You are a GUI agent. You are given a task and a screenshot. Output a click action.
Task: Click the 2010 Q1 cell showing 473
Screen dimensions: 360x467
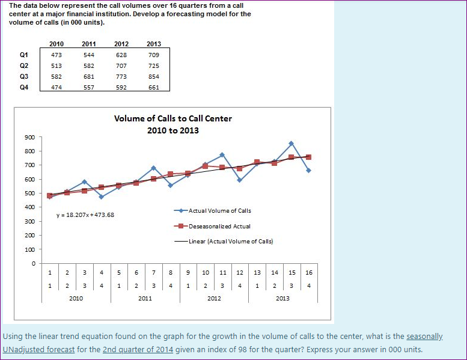(56, 55)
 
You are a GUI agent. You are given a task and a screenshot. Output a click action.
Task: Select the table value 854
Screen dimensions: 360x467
(153, 76)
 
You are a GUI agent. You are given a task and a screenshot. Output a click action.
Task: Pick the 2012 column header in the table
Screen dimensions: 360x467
(121, 44)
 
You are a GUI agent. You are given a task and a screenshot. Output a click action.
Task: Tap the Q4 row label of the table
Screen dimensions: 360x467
(24, 87)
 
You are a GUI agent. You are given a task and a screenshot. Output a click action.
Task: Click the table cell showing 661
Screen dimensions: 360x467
(153, 87)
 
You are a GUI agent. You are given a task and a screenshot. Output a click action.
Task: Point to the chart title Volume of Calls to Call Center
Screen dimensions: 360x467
(173, 118)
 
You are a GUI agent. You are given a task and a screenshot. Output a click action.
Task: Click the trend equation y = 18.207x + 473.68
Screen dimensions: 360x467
(85, 215)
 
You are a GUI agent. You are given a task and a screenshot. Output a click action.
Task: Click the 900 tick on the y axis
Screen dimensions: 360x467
(29, 137)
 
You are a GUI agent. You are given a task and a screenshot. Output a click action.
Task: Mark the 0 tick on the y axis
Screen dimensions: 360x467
(33, 263)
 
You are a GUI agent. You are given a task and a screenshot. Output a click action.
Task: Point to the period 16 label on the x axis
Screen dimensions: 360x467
(309, 272)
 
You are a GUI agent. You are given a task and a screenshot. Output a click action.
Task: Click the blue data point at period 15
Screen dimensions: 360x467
(291, 144)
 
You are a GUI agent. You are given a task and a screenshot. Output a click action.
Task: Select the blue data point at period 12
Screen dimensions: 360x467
(239, 180)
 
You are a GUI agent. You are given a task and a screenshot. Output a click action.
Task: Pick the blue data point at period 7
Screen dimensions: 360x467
(153, 168)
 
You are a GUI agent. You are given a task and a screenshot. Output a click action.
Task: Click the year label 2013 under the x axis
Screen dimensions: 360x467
(282, 297)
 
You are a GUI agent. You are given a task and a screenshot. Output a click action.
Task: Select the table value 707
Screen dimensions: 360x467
(121, 66)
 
